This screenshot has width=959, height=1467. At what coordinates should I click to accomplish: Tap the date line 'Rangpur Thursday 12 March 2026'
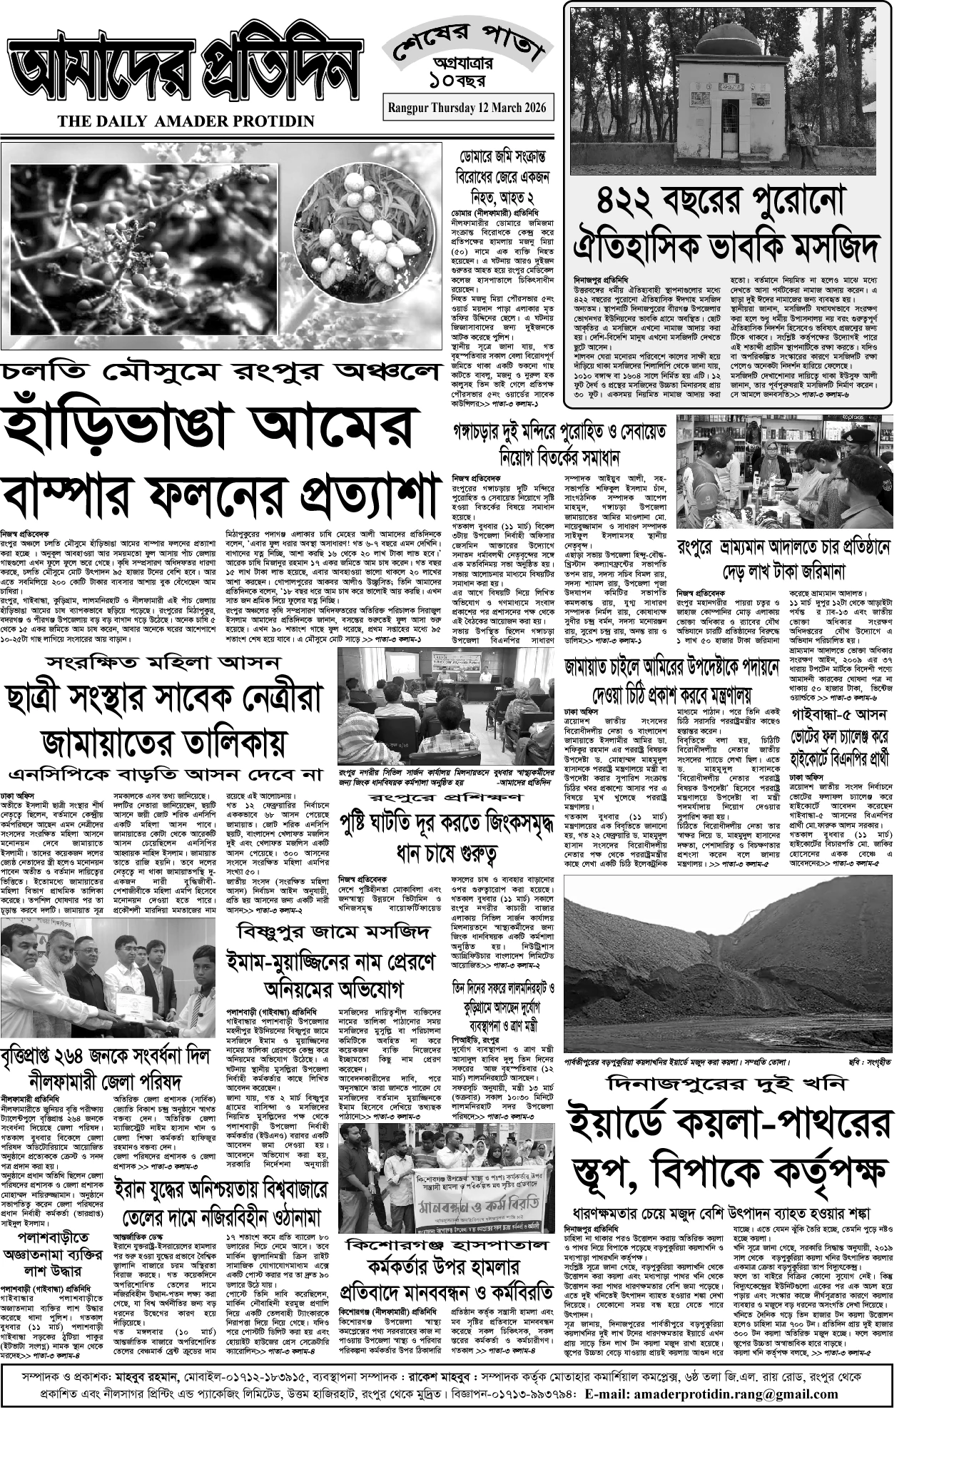coord(467,107)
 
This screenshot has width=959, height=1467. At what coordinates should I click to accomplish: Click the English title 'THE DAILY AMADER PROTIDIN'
coord(186,122)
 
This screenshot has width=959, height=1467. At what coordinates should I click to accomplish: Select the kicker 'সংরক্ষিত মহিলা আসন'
coord(161,663)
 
